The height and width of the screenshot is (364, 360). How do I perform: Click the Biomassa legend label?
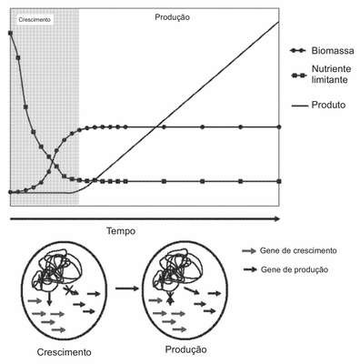pyautogui.click(x=333, y=51)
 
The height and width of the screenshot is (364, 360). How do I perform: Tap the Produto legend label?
pyautogui.click(x=328, y=105)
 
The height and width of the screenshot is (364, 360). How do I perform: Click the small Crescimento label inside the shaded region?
pyautogui.click(x=35, y=20)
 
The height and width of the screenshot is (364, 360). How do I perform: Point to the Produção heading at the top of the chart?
pyautogui.click(x=172, y=17)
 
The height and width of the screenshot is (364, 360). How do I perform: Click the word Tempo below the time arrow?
pyautogui.click(x=121, y=231)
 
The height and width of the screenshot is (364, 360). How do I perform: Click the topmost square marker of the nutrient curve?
pyautogui.click(x=10, y=33)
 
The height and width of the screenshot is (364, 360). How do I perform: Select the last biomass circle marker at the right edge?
pyautogui.click(x=279, y=127)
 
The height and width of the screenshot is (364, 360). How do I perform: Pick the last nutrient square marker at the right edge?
pyautogui.click(x=279, y=181)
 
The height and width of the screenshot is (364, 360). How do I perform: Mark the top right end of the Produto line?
pyautogui.click(x=278, y=22)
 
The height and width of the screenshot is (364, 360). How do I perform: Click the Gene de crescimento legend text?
pyautogui.click(x=298, y=251)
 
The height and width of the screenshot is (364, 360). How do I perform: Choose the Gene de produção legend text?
pyautogui.click(x=295, y=269)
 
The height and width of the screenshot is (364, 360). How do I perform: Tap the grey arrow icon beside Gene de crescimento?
pyautogui.click(x=249, y=251)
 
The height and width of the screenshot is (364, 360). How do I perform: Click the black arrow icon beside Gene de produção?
pyautogui.click(x=250, y=269)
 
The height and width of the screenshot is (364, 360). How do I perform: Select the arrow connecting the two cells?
pyautogui.click(x=126, y=288)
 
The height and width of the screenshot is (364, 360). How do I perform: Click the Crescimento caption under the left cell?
pyautogui.click(x=64, y=352)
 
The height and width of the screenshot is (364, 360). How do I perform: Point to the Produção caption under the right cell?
pyautogui.click(x=185, y=349)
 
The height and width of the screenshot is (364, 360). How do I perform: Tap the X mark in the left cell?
pyautogui.click(x=69, y=290)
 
